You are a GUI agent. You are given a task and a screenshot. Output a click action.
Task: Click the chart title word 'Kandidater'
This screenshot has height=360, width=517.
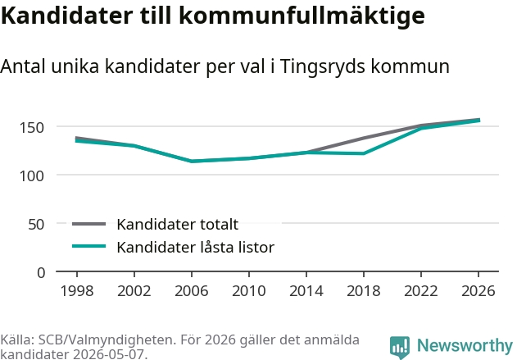click(x=66, y=16)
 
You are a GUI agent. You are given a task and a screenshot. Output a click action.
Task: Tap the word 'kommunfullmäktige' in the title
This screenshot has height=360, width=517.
click(x=302, y=16)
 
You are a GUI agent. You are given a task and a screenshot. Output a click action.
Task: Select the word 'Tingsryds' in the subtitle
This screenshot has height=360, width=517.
click(x=323, y=67)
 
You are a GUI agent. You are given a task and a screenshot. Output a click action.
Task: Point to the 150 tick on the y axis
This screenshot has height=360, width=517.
click(x=32, y=128)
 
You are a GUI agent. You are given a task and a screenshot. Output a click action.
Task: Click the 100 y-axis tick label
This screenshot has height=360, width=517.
click(x=32, y=175)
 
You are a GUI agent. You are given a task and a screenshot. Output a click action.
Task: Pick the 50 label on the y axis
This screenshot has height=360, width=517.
click(x=36, y=225)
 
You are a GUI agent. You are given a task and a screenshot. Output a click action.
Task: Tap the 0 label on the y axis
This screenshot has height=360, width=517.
click(x=41, y=273)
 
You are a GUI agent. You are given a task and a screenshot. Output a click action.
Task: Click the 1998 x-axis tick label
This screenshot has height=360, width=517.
click(x=77, y=290)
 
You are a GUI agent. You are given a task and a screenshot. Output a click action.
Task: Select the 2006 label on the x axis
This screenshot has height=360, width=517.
click(x=191, y=290)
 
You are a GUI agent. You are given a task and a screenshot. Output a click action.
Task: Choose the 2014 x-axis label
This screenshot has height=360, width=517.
click(x=306, y=290)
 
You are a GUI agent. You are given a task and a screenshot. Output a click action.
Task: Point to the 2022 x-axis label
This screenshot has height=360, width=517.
click(x=420, y=290)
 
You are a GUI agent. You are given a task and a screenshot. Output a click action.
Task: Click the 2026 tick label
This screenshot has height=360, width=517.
click(x=478, y=290)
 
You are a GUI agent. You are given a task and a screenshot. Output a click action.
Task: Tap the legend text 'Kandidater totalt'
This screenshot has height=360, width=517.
click(x=178, y=225)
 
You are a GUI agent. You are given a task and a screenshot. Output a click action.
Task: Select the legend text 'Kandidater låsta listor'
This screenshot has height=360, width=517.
click(x=196, y=247)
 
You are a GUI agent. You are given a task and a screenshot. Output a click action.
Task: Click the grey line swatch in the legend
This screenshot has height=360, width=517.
click(x=88, y=224)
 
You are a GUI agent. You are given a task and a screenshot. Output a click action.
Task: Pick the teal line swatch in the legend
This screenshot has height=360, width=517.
click(x=88, y=246)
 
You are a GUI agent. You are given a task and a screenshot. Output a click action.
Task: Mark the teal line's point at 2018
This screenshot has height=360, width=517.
click(x=363, y=153)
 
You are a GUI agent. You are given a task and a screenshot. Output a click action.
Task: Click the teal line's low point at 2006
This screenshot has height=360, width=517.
click(x=192, y=162)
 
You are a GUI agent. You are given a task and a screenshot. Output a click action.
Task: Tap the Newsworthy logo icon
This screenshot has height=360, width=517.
click(x=400, y=347)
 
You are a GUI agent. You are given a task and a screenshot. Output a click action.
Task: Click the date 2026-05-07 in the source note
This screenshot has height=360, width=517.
click(x=108, y=354)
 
